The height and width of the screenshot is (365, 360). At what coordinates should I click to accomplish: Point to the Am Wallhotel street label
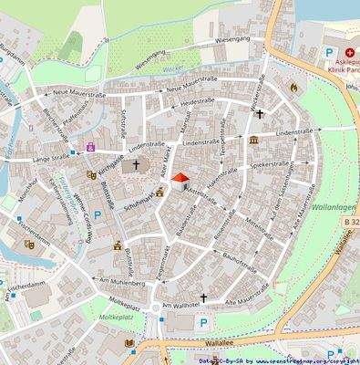coord(180,303)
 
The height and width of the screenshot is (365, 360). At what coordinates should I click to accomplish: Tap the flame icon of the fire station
coord(293,87)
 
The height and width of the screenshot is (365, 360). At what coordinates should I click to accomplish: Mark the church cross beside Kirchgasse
coord(137,166)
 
